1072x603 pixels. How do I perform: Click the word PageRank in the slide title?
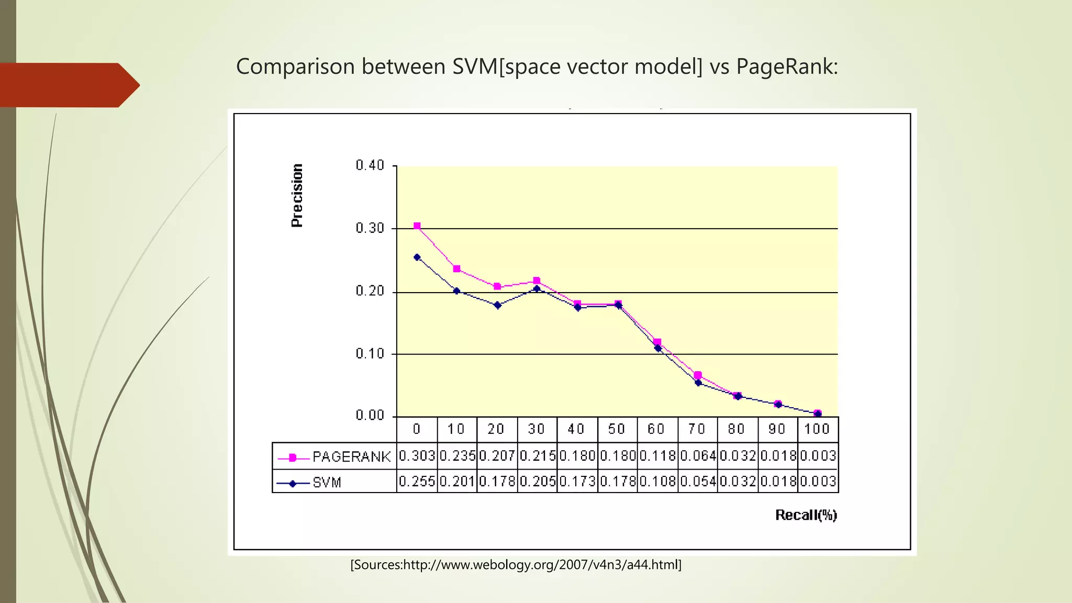[x=786, y=66]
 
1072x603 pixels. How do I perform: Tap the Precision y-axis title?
[x=297, y=195]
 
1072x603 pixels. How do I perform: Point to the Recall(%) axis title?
[x=806, y=515]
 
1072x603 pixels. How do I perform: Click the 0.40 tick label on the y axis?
[x=370, y=166]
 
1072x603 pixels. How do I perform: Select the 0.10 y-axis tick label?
[x=370, y=354]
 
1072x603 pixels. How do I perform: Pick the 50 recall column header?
[x=617, y=429]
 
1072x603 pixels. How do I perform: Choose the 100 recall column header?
[x=817, y=429]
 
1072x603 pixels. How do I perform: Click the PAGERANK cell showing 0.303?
[x=417, y=456]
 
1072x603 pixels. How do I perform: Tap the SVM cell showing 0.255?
[x=417, y=481]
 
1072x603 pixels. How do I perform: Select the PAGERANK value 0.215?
[x=538, y=456]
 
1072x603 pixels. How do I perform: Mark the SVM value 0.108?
[x=657, y=481]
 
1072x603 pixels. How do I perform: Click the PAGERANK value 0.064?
[x=698, y=456]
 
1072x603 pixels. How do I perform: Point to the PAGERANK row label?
[x=351, y=457]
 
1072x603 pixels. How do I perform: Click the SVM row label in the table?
[x=327, y=482]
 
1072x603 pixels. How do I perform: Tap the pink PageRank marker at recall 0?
[x=417, y=226]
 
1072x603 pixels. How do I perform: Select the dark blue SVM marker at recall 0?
[x=417, y=257]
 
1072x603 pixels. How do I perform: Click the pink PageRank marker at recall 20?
[x=497, y=286]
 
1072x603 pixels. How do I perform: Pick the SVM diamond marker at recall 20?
[x=497, y=305]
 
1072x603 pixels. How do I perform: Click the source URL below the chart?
[x=516, y=565]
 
